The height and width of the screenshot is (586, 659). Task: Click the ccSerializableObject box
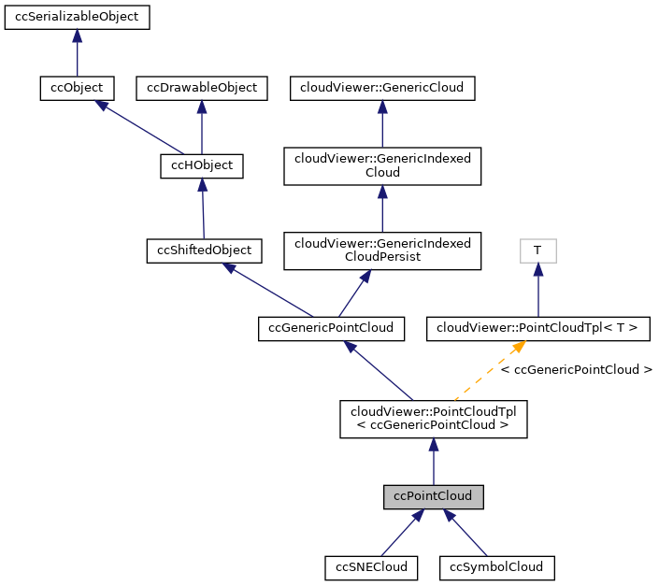(x=77, y=18)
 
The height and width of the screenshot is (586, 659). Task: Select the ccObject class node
(x=77, y=88)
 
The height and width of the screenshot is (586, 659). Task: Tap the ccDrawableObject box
(x=202, y=88)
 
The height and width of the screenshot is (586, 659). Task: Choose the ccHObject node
(x=202, y=166)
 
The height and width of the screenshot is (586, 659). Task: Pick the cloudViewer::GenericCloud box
(x=382, y=88)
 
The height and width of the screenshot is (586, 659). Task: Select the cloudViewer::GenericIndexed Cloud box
(x=382, y=166)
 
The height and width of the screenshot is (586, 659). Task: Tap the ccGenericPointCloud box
(x=331, y=328)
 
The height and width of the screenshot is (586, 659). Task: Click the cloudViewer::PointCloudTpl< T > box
(x=537, y=328)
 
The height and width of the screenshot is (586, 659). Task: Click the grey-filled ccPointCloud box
(x=433, y=496)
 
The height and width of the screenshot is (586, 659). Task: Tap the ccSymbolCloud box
(x=497, y=566)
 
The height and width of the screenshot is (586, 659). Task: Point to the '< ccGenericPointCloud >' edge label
(x=576, y=370)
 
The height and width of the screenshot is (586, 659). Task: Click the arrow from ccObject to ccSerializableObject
(x=77, y=53)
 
